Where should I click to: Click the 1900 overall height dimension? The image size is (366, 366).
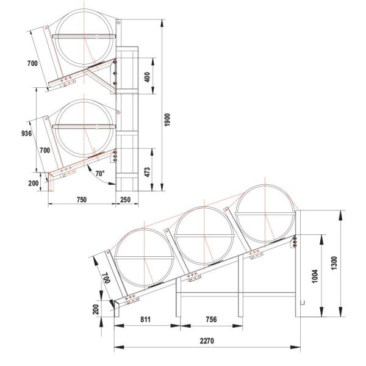pos(168,119)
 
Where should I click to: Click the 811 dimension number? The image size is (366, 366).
pos(145,320)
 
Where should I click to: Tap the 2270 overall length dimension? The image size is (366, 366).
pos(207,342)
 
